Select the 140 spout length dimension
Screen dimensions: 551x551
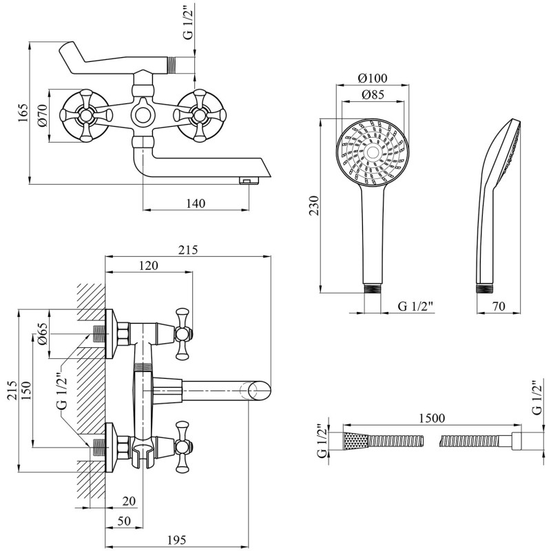point(196,203)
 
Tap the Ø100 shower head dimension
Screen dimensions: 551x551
point(373,78)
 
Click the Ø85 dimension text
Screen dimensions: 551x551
point(373,94)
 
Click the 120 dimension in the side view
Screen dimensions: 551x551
point(149,265)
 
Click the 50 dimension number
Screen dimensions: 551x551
point(123,520)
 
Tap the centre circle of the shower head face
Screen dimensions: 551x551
point(372,153)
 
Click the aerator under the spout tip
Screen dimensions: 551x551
point(246,180)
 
